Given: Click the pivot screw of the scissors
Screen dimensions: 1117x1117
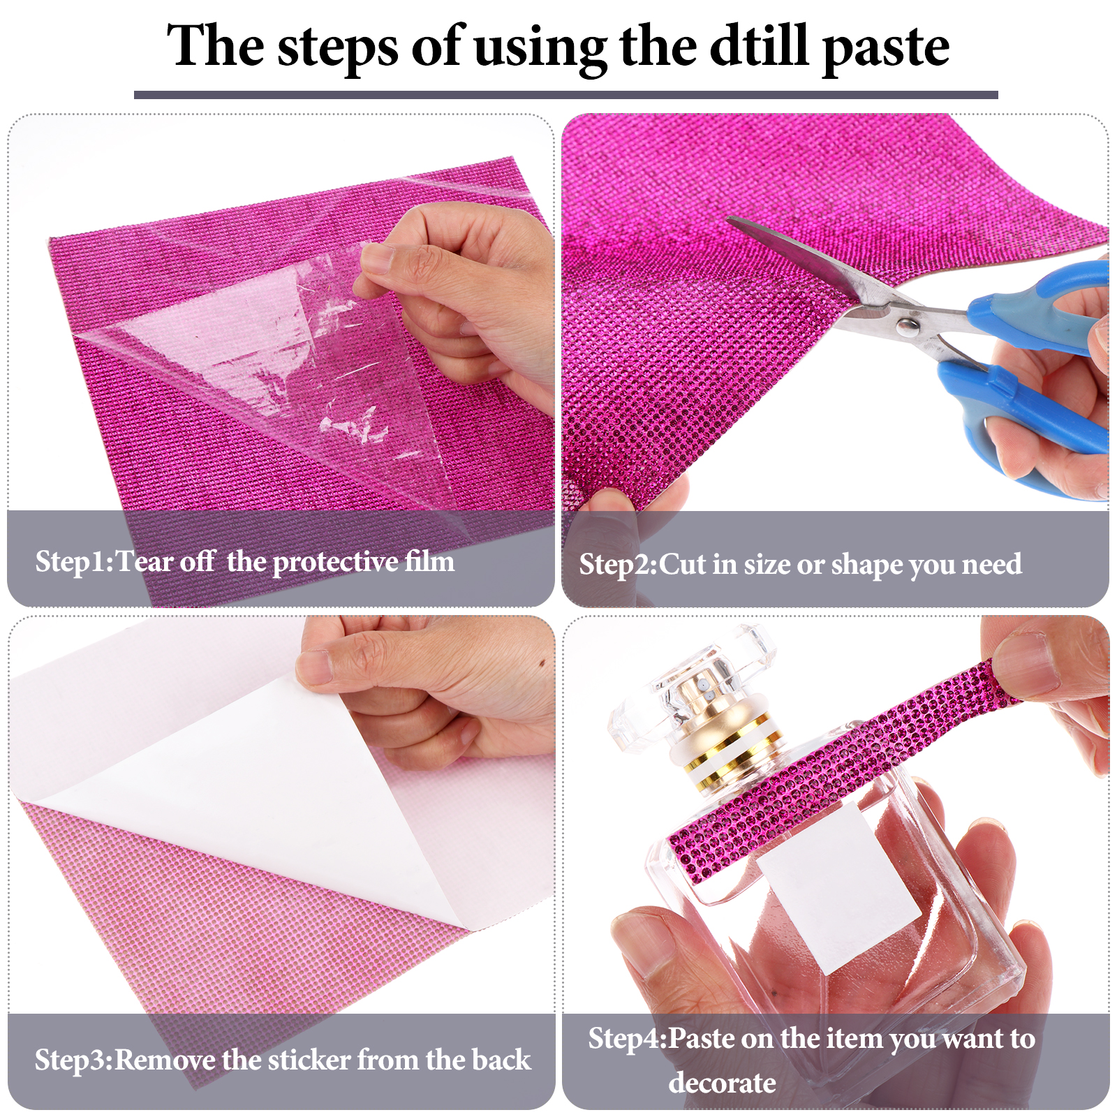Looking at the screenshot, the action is pyautogui.click(x=907, y=325).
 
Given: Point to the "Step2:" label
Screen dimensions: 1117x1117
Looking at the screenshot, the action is pyautogui.click(x=619, y=565).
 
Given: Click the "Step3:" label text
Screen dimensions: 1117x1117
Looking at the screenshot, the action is pyautogui.click(x=74, y=1060).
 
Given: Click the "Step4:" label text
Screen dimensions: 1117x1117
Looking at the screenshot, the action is pyautogui.click(x=628, y=1039).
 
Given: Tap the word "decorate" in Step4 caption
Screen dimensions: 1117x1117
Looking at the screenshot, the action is pyautogui.click(x=723, y=1083).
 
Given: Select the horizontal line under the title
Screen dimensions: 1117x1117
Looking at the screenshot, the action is pyautogui.click(x=566, y=95).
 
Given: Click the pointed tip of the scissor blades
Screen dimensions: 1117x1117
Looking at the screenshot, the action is pyautogui.click(x=727, y=219).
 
